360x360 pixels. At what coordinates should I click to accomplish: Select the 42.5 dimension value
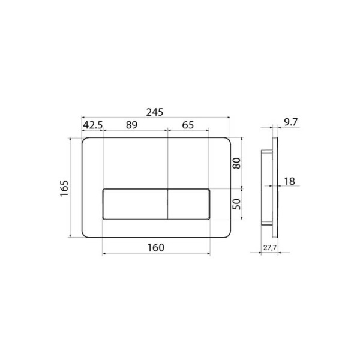coord(93,125)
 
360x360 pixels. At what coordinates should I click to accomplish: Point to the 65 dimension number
coord(188,125)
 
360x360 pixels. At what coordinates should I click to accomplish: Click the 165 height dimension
coord(65,188)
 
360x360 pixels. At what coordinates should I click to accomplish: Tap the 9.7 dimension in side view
coord(290,122)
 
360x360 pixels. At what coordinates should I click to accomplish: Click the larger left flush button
coord(136,204)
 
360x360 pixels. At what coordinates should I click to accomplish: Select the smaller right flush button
coord(188,204)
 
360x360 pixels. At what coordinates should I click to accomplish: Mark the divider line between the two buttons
coord(167,204)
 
